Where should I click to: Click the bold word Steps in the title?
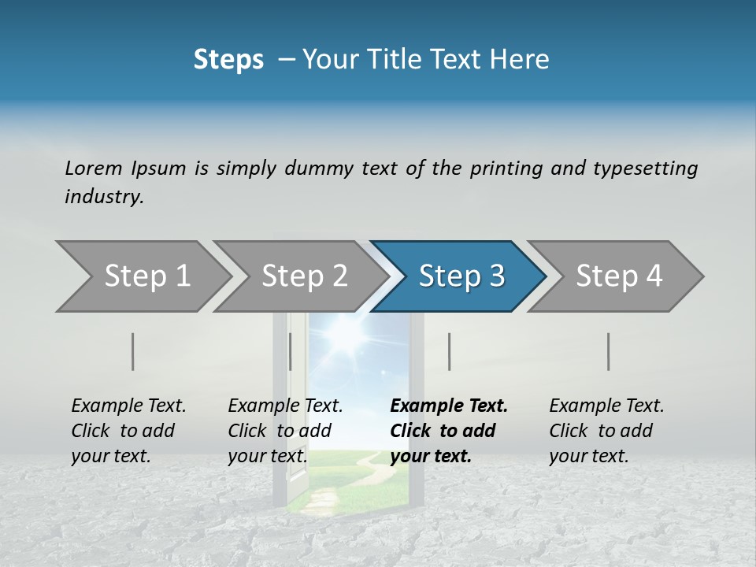228,60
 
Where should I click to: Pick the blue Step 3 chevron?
461,276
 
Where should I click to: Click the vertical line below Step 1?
133,351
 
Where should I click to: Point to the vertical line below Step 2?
291,351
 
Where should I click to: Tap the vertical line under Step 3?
449,351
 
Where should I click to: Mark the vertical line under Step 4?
608,351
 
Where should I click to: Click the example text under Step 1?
128,431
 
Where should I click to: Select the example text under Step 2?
285,431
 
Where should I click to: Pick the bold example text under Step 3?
448,431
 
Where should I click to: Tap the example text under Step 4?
606,431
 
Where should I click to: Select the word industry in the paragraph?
104,197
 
